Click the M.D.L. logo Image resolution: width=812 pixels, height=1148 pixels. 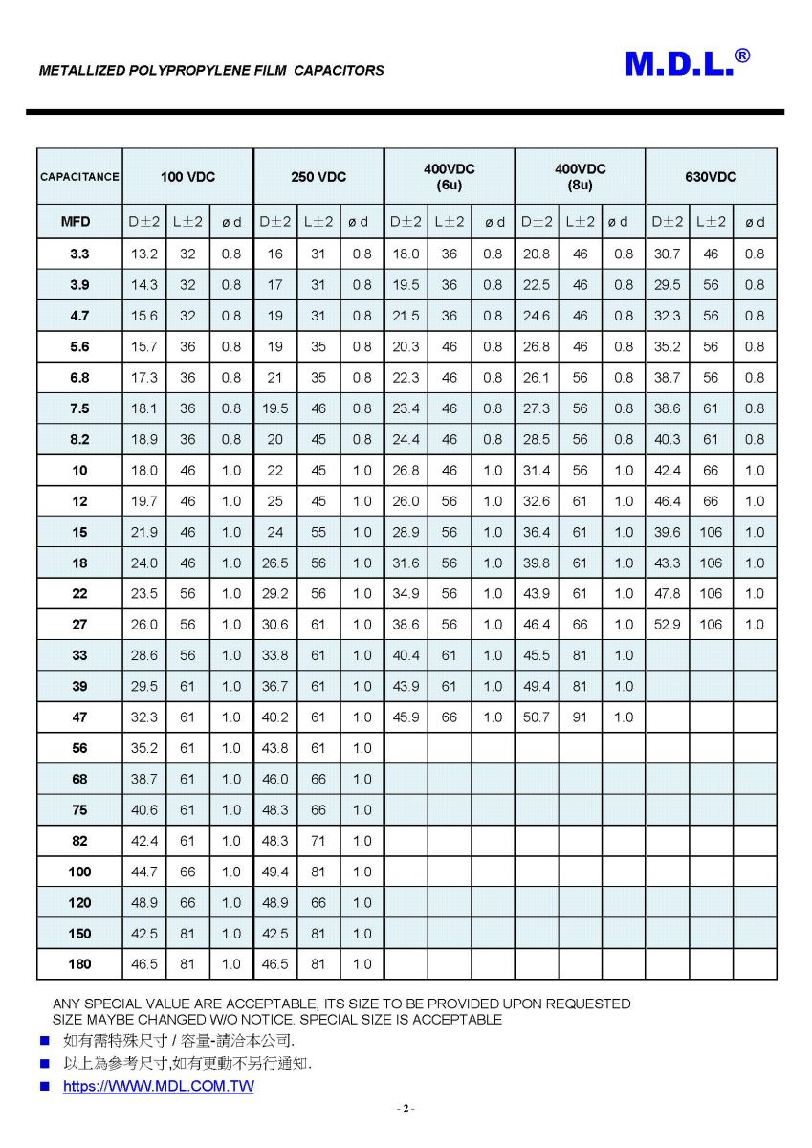click(x=687, y=63)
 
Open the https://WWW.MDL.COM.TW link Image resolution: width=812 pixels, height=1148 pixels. click(x=159, y=1087)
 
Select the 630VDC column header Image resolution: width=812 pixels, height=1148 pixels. click(x=711, y=177)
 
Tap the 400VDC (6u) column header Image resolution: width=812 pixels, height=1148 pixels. click(x=450, y=177)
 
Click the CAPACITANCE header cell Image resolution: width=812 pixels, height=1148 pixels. click(x=79, y=177)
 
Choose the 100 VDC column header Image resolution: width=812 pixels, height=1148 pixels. click(x=187, y=177)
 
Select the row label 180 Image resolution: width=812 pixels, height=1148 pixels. click(x=79, y=964)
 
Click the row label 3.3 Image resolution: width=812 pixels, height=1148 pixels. click(x=79, y=254)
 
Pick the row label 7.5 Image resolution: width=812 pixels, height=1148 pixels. click(x=79, y=408)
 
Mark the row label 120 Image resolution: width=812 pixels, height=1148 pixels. click(x=79, y=903)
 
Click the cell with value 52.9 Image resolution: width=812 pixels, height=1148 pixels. click(x=667, y=625)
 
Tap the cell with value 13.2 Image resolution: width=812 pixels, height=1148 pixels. click(x=144, y=254)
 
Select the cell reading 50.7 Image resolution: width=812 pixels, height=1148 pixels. click(x=537, y=717)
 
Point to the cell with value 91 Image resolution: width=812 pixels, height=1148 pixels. click(x=581, y=717)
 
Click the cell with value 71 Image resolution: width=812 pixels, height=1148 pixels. click(x=318, y=841)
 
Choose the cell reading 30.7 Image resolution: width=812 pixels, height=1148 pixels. click(x=667, y=254)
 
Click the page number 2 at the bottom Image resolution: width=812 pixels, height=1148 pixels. click(x=406, y=1109)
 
